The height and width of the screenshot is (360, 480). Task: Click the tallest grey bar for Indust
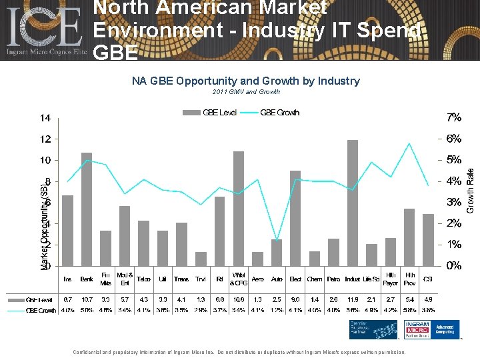tap(353, 203)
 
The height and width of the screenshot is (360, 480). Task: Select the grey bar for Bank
tap(87, 209)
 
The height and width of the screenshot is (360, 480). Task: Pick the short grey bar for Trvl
tap(201, 259)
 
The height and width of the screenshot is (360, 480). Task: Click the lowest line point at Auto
tap(277, 241)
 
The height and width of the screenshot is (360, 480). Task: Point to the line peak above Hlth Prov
tap(409, 144)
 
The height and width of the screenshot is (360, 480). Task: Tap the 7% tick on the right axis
tap(453, 118)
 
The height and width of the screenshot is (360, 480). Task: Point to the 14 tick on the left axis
tap(44, 119)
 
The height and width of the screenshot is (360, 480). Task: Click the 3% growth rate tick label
tap(453, 202)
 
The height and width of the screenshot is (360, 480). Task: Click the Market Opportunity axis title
tap(45, 223)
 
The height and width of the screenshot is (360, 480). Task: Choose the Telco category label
tap(143, 279)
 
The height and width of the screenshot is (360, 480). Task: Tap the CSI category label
tap(428, 279)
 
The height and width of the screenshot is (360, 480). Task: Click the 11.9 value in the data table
tap(353, 300)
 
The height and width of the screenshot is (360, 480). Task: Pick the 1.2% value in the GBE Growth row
tap(277, 311)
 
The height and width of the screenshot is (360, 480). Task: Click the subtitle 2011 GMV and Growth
tap(245, 92)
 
